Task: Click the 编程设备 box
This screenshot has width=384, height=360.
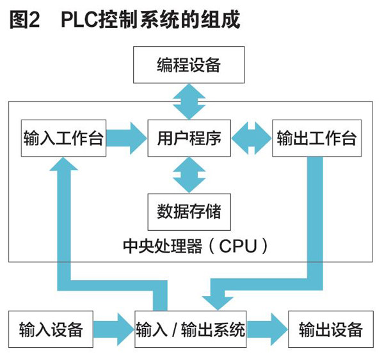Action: click(x=188, y=65)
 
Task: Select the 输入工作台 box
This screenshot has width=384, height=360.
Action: click(x=63, y=138)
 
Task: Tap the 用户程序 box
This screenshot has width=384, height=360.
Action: click(x=189, y=138)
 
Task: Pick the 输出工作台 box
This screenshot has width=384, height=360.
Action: click(x=316, y=138)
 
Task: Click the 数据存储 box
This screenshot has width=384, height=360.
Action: click(x=189, y=210)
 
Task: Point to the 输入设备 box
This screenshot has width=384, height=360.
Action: click(x=51, y=330)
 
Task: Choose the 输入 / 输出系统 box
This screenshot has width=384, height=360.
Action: click(x=190, y=330)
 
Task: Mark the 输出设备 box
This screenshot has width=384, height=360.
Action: click(x=330, y=330)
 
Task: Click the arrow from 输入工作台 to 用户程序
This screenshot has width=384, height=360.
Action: click(x=126, y=139)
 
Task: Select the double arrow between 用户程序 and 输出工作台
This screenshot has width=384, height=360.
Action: click(x=252, y=139)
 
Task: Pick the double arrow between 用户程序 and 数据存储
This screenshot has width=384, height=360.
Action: click(x=189, y=175)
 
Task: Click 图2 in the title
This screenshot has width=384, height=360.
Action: click(x=24, y=20)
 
